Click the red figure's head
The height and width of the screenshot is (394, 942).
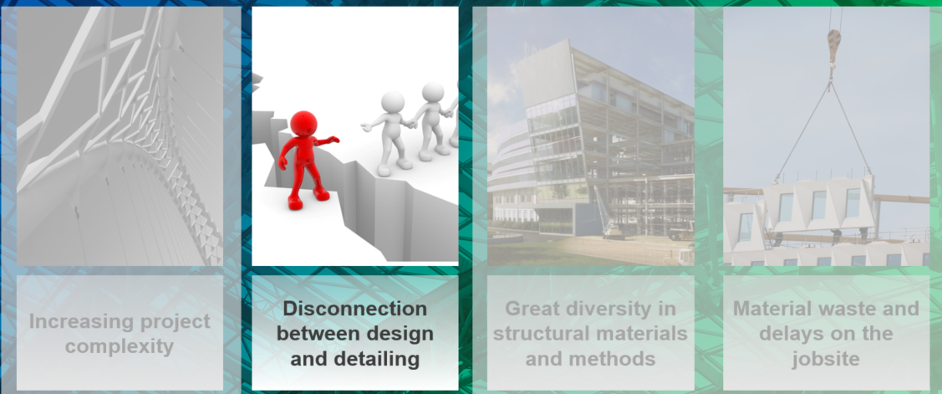click(x=303, y=123)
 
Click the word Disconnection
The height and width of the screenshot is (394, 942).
click(x=355, y=309)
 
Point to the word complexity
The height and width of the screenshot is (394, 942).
click(x=120, y=347)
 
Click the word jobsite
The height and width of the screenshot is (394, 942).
click(x=826, y=359)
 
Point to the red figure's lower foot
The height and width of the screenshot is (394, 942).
click(x=295, y=203)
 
